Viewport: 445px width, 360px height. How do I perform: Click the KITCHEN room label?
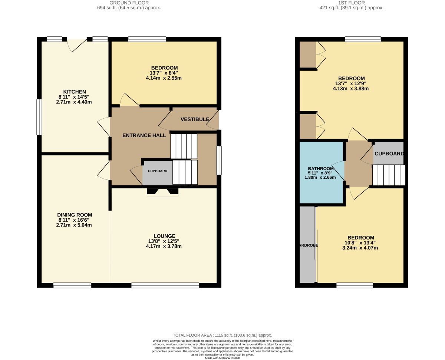pyautogui.click(x=75, y=92)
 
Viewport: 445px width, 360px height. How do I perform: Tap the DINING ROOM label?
pyautogui.click(x=75, y=215)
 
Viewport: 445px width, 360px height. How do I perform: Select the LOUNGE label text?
pyautogui.click(x=164, y=236)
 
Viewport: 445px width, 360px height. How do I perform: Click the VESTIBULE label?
pyautogui.click(x=193, y=119)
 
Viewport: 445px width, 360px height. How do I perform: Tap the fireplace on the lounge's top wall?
pyautogui.click(x=163, y=192)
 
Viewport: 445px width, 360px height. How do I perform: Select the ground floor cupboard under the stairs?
pyautogui.click(x=157, y=172)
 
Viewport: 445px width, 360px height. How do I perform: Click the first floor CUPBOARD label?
pyautogui.click(x=389, y=153)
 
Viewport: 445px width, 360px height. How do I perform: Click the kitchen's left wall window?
pyautogui.click(x=39, y=117)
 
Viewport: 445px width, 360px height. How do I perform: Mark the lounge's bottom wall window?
pyautogui.click(x=165, y=285)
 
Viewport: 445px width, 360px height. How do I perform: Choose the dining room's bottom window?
pyautogui.click(x=72, y=285)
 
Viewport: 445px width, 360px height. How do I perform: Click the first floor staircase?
pyautogui.click(x=389, y=175)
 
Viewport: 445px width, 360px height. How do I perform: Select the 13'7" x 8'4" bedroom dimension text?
pyautogui.click(x=164, y=73)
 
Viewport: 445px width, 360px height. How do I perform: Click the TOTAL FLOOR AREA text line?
pyautogui.click(x=222, y=335)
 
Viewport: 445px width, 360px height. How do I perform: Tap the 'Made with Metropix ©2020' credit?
pyautogui.click(x=222, y=358)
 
